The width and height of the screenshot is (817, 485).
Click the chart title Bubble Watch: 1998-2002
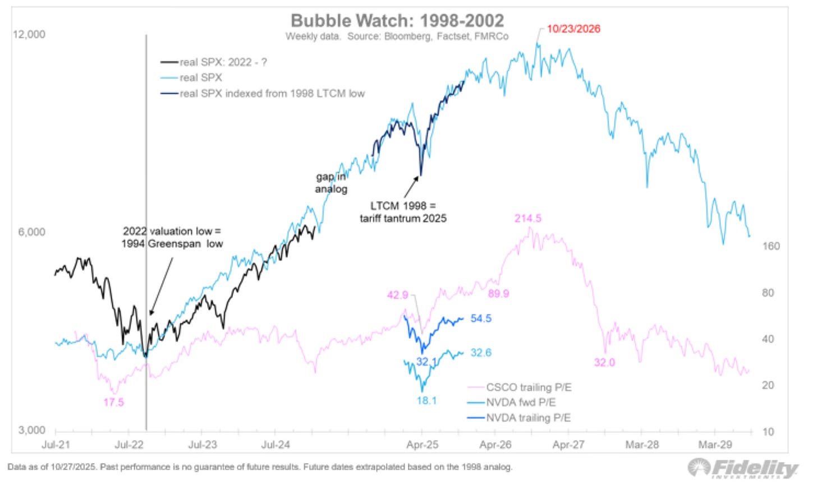(397, 21)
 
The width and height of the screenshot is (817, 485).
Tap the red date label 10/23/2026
(573, 29)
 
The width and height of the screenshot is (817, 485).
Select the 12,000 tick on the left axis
(29, 34)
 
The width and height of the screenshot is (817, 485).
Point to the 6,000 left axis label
(31, 232)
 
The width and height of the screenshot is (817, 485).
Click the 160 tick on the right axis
(771, 246)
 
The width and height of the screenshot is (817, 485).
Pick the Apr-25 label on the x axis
(422, 445)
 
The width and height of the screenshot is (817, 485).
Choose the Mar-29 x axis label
(714, 445)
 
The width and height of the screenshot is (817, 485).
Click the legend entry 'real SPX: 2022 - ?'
(223, 62)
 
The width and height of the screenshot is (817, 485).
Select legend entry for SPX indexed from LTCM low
(272, 94)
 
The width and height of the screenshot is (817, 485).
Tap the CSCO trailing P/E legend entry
(528, 387)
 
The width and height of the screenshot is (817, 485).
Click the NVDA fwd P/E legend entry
(520, 403)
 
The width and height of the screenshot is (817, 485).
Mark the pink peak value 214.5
(527, 218)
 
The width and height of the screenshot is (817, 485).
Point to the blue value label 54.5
(481, 318)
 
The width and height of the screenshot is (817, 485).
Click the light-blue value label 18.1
(426, 400)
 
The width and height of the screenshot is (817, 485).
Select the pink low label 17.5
(113, 402)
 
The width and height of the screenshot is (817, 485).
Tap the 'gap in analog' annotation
(331, 183)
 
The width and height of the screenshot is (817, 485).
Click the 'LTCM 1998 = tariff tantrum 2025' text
(403, 212)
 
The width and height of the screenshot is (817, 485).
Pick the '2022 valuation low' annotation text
(172, 237)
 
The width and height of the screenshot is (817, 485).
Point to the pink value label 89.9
(498, 294)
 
